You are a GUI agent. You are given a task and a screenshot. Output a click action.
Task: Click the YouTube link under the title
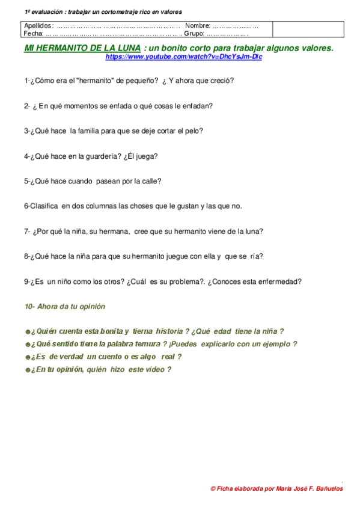pos(184,57)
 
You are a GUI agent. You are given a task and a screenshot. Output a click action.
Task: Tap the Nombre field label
pos(198,26)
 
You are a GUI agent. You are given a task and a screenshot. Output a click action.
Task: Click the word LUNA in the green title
pos(127,48)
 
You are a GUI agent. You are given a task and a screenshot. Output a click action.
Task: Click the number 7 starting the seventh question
pos(26,231)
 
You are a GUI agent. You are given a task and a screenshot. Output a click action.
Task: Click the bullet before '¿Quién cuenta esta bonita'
pos(27,331)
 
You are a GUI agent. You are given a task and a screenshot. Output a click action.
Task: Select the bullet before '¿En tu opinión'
pos(27,370)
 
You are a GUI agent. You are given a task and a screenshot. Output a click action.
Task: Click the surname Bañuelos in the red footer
pos(326,489)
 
